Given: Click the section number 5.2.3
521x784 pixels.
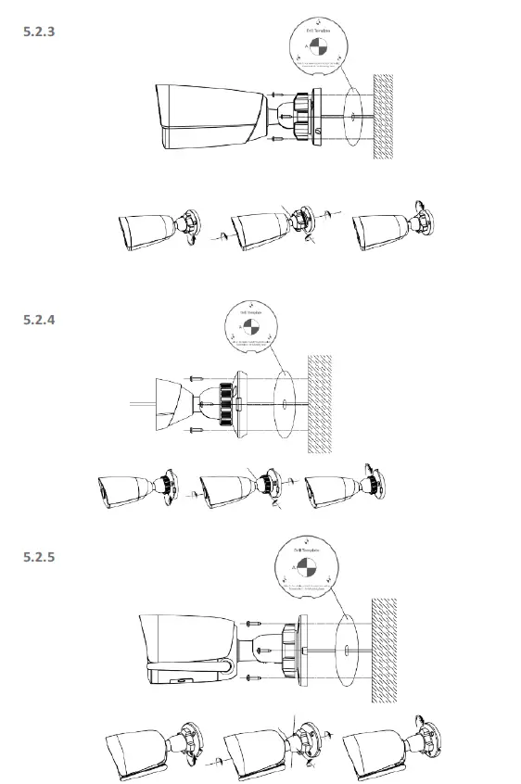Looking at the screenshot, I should [x=39, y=31].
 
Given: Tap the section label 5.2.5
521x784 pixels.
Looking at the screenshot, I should [x=39, y=558].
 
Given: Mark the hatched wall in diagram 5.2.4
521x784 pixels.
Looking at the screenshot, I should [x=321, y=402].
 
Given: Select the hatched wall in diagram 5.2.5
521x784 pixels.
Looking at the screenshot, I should [x=383, y=642].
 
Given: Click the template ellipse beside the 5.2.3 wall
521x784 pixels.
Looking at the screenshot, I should [x=352, y=115].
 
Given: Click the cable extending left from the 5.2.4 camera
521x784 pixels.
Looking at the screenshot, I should [x=139, y=404].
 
